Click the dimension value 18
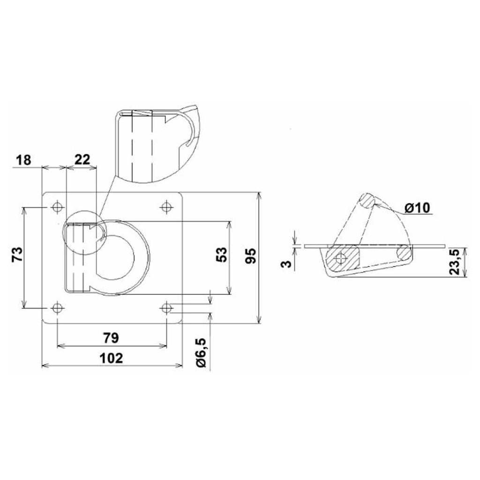pyautogui.click(x=23, y=160)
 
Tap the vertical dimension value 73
pyautogui.click(x=17, y=254)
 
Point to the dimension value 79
pyautogui.click(x=111, y=338)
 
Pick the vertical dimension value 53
pyautogui.click(x=222, y=255)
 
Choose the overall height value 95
pyautogui.click(x=250, y=256)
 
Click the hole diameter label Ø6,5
pyautogui.click(x=202, y=353)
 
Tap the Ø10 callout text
pyautogui.click(x=417, y=208)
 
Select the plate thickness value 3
pyautogui.click(x=286, y=263)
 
